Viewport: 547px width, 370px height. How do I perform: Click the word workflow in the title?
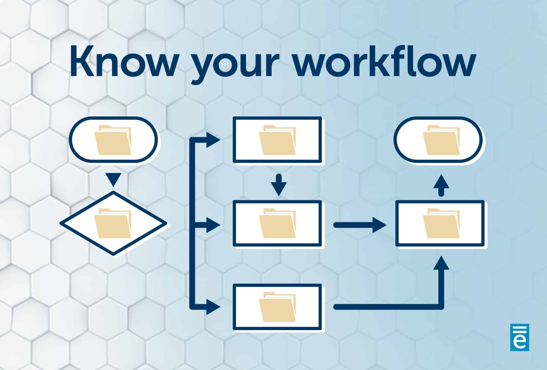[x=385, y=61]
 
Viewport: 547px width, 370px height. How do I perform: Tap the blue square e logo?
[x=520, y=337]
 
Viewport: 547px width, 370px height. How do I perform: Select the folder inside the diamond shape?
[x=113, y=223]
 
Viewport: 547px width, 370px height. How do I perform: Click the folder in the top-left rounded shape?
[x=113, y=140]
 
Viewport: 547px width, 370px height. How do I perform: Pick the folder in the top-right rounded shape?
[x=441, y=140]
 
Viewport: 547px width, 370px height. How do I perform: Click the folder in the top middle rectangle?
[x=277, y=140]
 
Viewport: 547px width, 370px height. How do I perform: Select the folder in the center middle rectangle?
[x=277, y=223]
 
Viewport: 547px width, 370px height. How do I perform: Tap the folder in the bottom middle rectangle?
[x=277, y=307]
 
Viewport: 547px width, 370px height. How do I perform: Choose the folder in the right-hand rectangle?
[x=441, y=223]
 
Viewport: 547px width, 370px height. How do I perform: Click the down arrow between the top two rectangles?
[x=279, y=185]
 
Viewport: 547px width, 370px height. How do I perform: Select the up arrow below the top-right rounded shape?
[x=441, y=186]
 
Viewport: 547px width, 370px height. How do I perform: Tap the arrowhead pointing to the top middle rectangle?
[x=213, y=140]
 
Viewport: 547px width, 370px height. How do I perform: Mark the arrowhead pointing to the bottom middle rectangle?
[x=213, y=307]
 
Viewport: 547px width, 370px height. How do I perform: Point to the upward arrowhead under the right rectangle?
[x=441, y=263]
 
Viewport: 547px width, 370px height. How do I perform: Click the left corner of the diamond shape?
[x=60, y=223]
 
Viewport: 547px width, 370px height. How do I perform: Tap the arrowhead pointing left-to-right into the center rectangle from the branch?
[x=213, y=225]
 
